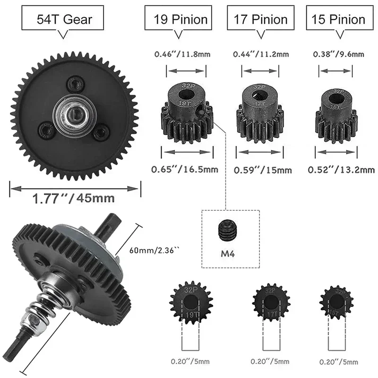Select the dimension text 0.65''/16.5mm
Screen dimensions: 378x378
(185, 169)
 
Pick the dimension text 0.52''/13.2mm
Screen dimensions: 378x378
(341, 169)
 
